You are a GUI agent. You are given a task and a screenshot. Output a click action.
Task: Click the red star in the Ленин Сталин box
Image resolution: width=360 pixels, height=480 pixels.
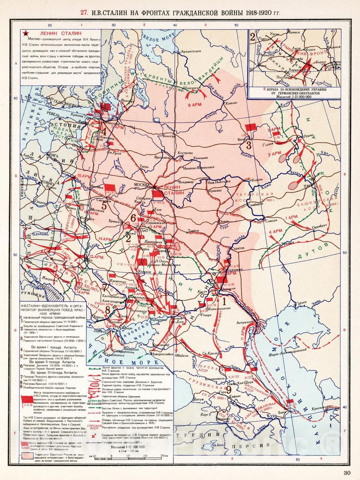(25, 34)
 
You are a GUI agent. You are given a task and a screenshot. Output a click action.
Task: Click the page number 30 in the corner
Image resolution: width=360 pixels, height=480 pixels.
(347, 472)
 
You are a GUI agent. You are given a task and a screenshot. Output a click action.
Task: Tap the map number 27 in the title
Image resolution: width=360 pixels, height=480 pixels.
(84, 13)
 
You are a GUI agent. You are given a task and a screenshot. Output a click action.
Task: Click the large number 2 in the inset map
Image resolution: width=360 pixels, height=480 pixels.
(253, 37)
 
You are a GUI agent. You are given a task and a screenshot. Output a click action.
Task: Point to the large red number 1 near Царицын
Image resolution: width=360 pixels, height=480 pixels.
(224, 302)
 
